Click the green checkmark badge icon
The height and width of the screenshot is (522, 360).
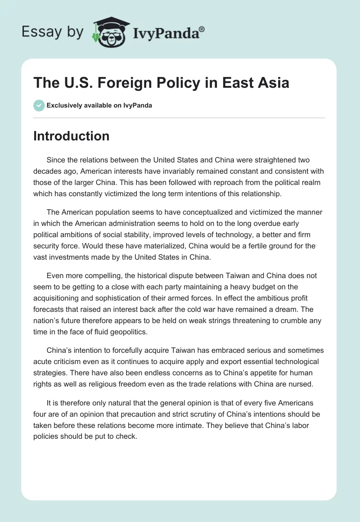[39, 105]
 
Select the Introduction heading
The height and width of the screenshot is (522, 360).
[71, 136]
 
